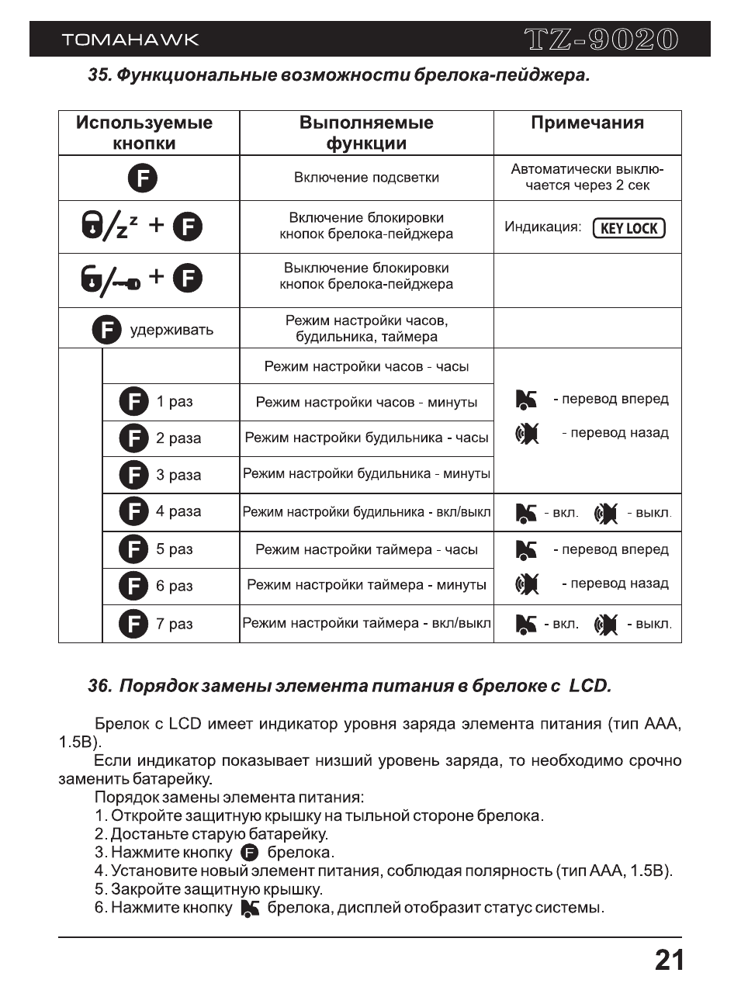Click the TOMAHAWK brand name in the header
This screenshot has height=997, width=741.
pyautogui.click(x=130, y=40)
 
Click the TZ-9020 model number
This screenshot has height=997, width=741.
pyautogui.click(x=601, y=40)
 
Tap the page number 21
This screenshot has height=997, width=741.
pyautogui.click(x=669, y=961)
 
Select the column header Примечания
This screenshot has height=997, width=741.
pyautogui.click(x=587, y=123)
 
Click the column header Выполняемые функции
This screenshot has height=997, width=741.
pyautogui.click(x=366, y=133)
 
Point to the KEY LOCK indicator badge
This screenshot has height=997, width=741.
pyautogui.click(x=628, y=228)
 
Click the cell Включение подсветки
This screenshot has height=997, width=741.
pyautogui.click(x=366, y=178)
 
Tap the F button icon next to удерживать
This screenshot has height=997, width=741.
pyautogui.click(x=107, y=330)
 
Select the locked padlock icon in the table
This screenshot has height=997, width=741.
pyautogui.click(x=92, y=226)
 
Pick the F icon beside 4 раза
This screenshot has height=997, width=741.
pyautogui.click(x=133, y=511)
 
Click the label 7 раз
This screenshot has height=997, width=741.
pyautogui.click(x=175, y=624)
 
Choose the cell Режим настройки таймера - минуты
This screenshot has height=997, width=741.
pyautogui.click(x=366, y=586)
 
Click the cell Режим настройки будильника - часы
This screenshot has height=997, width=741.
pyautogui.click(x=366, y=438)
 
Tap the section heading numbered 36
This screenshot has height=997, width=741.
pyautogui.click(x=349, y=686)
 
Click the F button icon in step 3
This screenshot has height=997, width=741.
pyautogui.click(x=250, y=853)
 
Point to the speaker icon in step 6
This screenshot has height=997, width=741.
pyautogui.click(x=250, y=908)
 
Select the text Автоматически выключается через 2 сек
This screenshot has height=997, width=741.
pyautogui.click(x=587, y=177)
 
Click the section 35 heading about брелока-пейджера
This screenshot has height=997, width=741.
pyautogui.click(x=338, y=75)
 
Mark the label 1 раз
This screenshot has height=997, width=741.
pyautogui.click(x=175, y=402)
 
